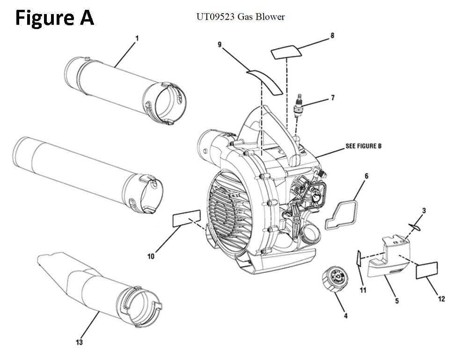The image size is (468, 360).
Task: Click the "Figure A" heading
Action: click(55, 18)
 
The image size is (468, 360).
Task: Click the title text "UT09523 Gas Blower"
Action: click(240, 17)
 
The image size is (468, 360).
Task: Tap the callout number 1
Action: click(137, 38)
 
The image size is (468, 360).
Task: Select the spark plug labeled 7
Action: click(298, 106)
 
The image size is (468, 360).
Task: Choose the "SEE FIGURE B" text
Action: click(363, 146)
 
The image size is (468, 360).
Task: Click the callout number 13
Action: click(79, 342)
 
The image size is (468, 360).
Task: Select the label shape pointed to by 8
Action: click(286, 52)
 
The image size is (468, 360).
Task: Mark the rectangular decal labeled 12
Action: click(427, 271)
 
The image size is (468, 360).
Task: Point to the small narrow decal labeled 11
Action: click(359, 258)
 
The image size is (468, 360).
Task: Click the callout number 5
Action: click(397, 301)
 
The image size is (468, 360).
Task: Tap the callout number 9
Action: click(219, 44)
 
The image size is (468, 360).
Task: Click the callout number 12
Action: click(441, 299)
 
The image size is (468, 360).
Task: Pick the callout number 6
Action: click(366, 176)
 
